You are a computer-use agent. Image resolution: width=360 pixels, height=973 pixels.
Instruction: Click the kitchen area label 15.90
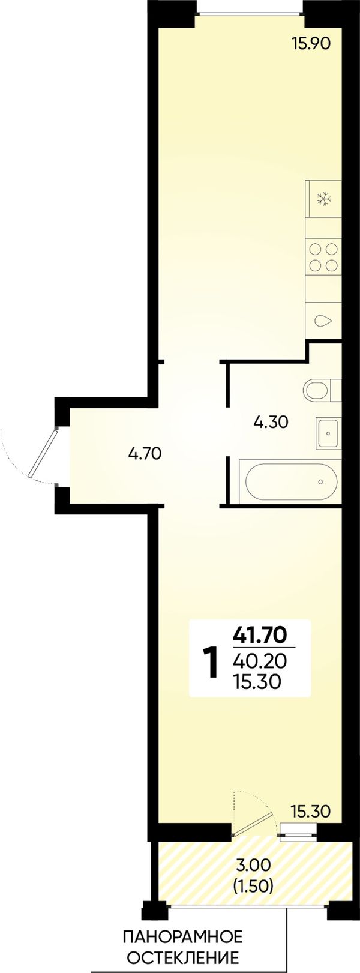(x=312, y=44)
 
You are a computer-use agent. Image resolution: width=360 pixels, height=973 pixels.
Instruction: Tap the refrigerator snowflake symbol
(x=324, y=199)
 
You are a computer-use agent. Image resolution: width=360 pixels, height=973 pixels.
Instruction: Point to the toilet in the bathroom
(x=323, y=390)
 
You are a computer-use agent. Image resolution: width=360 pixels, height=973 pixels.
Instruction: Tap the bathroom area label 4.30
(x=271, y=422)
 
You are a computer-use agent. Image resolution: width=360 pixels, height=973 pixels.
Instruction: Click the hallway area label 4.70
(x=145, y=454)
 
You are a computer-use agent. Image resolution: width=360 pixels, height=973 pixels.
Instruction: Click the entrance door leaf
(x=43, y=452)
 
